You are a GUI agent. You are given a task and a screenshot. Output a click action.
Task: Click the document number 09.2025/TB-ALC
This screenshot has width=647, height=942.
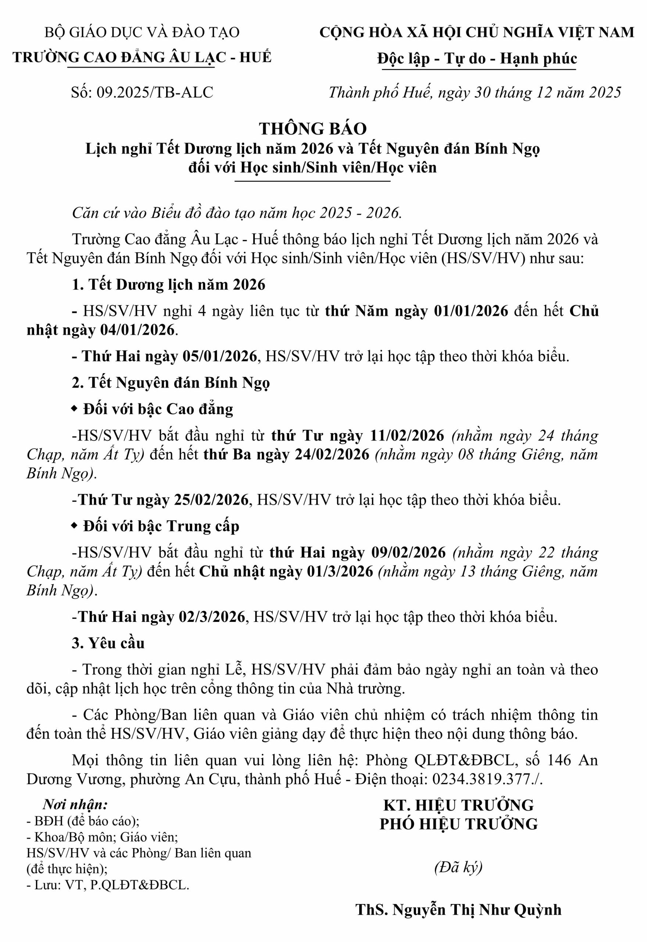pos(154,92)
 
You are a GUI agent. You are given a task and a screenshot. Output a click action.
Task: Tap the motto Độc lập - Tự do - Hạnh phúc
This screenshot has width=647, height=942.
pos(477,59)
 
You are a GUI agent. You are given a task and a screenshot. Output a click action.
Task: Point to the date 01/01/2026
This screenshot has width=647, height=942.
pos(471,311)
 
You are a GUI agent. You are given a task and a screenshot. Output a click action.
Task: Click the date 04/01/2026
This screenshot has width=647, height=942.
pos(137,330)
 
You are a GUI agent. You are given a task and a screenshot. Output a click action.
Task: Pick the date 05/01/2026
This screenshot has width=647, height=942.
pos(220,356)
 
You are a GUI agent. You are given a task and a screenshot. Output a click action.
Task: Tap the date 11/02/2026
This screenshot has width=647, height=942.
pos(407,436)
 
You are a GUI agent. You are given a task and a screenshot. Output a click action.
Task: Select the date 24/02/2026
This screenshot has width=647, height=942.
pos(332,454)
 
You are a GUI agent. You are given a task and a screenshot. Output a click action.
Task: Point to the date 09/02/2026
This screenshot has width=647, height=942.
pos(409,553)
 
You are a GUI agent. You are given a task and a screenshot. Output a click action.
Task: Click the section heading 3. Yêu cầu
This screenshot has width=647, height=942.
pos(108,644)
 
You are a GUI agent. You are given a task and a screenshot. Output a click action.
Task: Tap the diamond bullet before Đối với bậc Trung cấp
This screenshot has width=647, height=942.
pos(74,526)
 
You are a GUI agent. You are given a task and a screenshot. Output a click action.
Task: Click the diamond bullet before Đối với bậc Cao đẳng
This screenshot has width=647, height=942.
pos(74,409)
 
